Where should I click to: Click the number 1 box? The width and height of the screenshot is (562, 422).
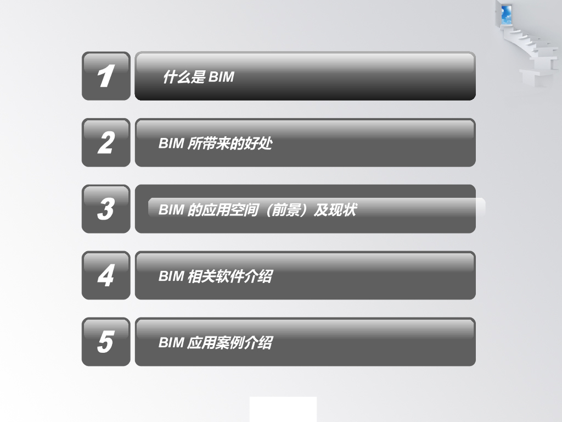[106, 76]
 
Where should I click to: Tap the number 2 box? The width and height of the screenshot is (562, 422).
[106, 142]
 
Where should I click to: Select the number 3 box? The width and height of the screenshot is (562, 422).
[106, 209]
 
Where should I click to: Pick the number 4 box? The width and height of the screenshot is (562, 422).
[106, 275]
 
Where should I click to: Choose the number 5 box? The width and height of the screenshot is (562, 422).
[106, 342]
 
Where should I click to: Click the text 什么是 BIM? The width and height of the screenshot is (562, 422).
[198, 77]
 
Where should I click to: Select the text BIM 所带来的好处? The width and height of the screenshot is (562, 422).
[215, 144]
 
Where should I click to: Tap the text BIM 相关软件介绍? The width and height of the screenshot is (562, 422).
[215, 276]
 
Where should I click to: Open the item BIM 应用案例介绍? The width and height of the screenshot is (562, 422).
[215, 343]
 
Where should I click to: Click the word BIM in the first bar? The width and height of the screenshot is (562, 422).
[221, 77]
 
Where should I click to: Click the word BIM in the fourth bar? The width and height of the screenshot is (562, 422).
[171, 276]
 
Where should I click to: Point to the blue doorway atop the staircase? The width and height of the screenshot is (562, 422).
[506, 12]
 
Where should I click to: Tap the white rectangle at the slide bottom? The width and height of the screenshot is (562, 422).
[283, 409]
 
